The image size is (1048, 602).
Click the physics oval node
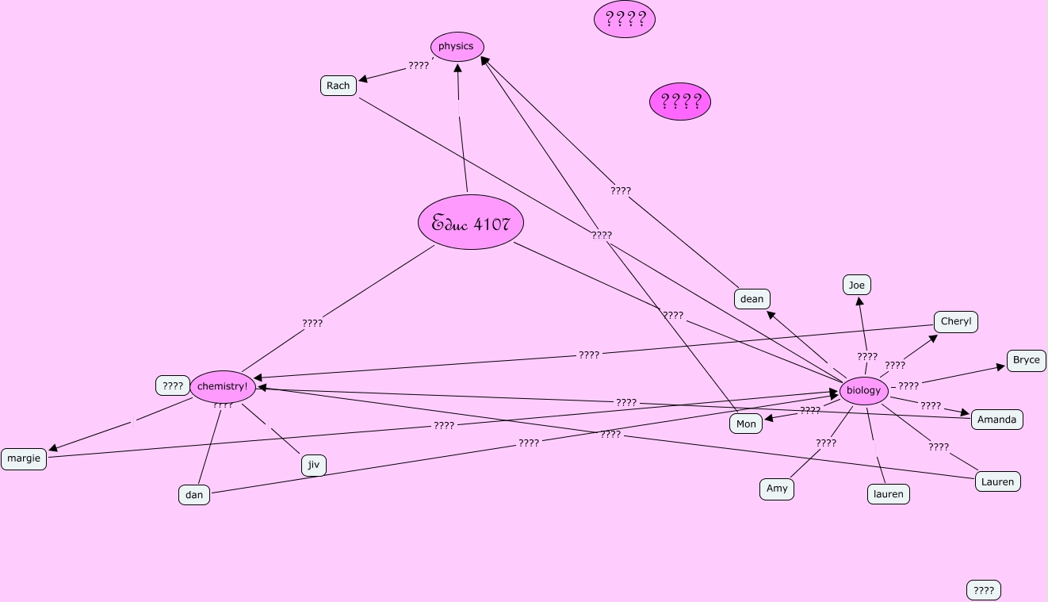457,47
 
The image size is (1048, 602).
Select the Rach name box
338,86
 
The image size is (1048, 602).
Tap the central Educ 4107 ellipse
471,223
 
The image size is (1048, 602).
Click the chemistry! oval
223,386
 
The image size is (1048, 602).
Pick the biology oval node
863,390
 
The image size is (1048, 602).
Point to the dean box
752,299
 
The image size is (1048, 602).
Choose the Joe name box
856,286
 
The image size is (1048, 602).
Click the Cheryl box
955,322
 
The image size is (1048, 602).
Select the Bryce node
1026,360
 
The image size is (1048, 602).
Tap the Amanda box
996,420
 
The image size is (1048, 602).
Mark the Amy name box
777,489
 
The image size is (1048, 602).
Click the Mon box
746,424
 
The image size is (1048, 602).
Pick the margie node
24,458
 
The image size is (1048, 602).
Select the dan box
194,495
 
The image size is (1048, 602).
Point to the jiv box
314,465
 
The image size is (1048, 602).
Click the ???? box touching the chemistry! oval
173,386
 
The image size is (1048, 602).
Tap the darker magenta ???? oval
680,102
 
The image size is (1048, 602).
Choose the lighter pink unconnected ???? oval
625,19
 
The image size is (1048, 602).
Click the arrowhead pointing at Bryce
1001,367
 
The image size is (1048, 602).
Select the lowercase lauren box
888,494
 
